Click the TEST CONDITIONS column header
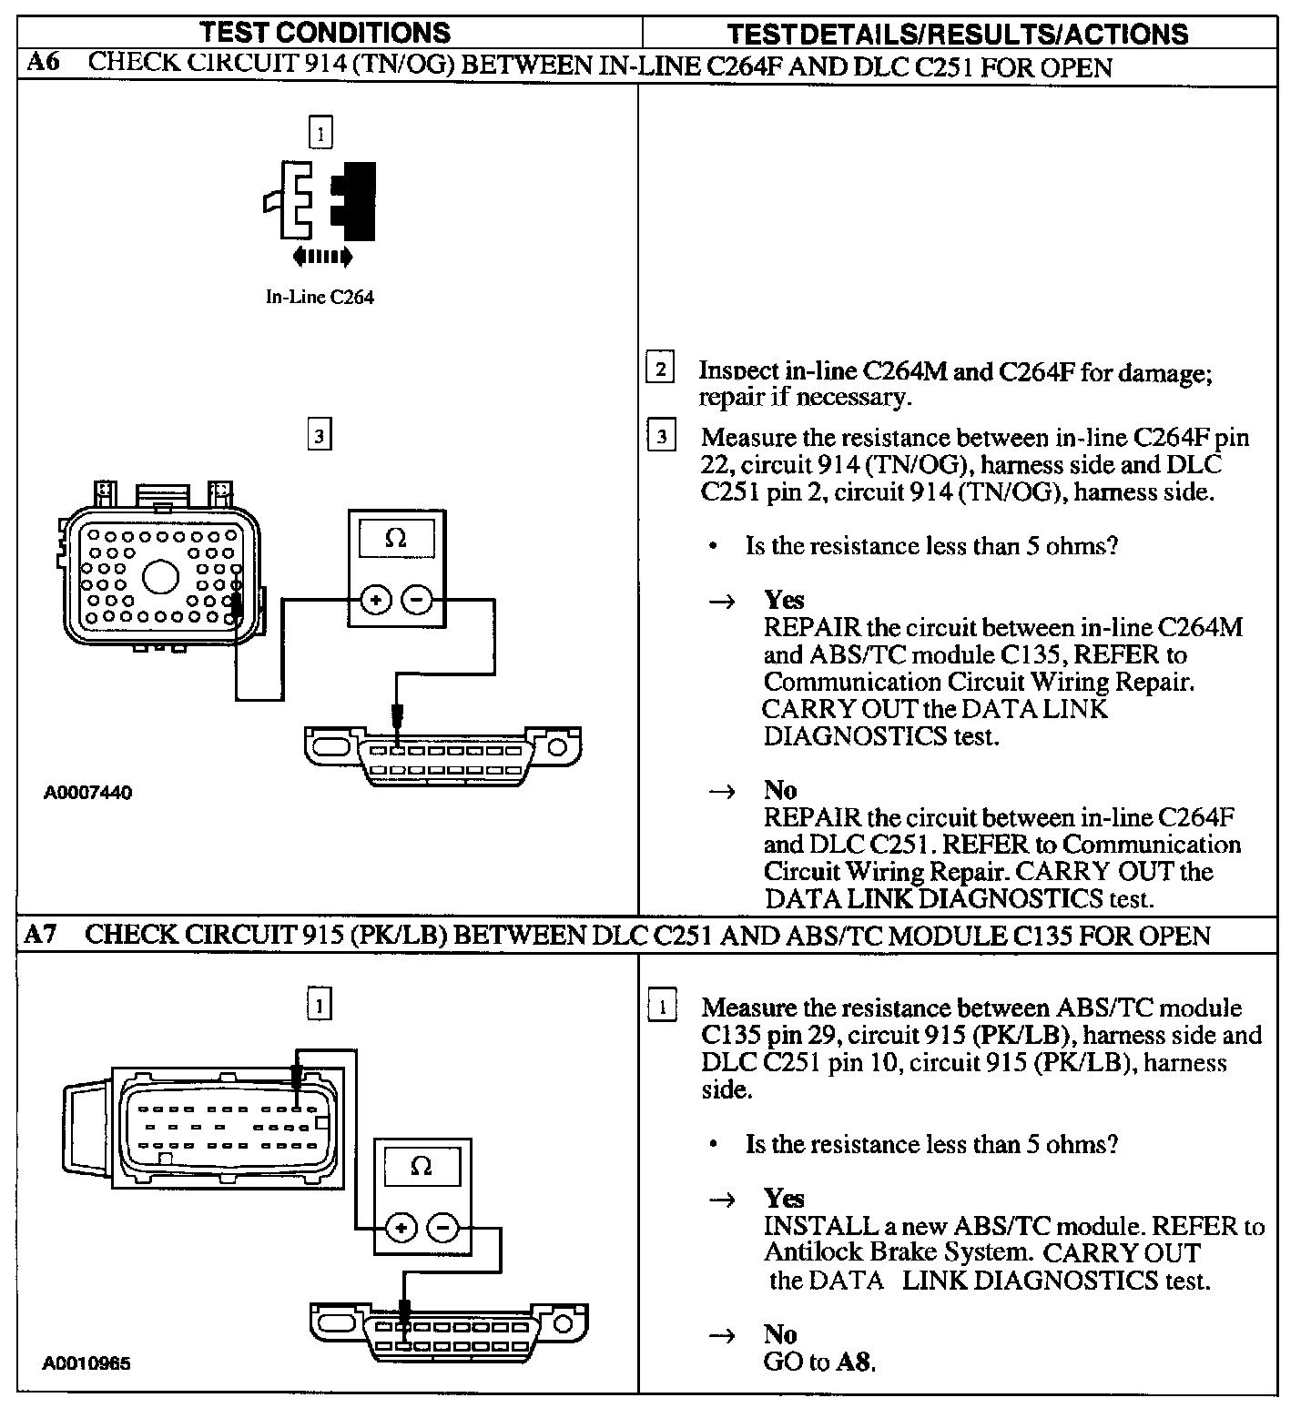pyautogui.click(x=324, y=33)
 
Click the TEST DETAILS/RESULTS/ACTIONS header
pyautogui.click(x=958, y=35)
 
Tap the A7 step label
pyautogui.click(x=43, y=935)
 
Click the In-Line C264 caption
pyautogui.click(x=320, y=298)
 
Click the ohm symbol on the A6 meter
pyautogui.click(x=395, y=539)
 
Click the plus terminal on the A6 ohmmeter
pyautogui.click(x=376, y=599)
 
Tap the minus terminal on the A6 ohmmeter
pyautogui.click(x=417, y=599)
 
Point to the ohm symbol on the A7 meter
pyautogui.click(x=421, y=1166)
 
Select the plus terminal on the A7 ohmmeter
pyautogui.click(x=401, y=1227)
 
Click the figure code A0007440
pyautogui.click(x=87, y=793)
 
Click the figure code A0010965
pyautogui.click(x=86, y=1364)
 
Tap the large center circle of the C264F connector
pyautogui.click(x=160, y=577)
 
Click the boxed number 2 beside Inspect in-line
pyautogui.click(x=660, y=370)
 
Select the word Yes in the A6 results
pyautogui.click(x=784, y=600)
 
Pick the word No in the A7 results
pyautogui.click(x=780, y=1334)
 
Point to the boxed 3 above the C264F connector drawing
pyautogui.click(x=319, y=435)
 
